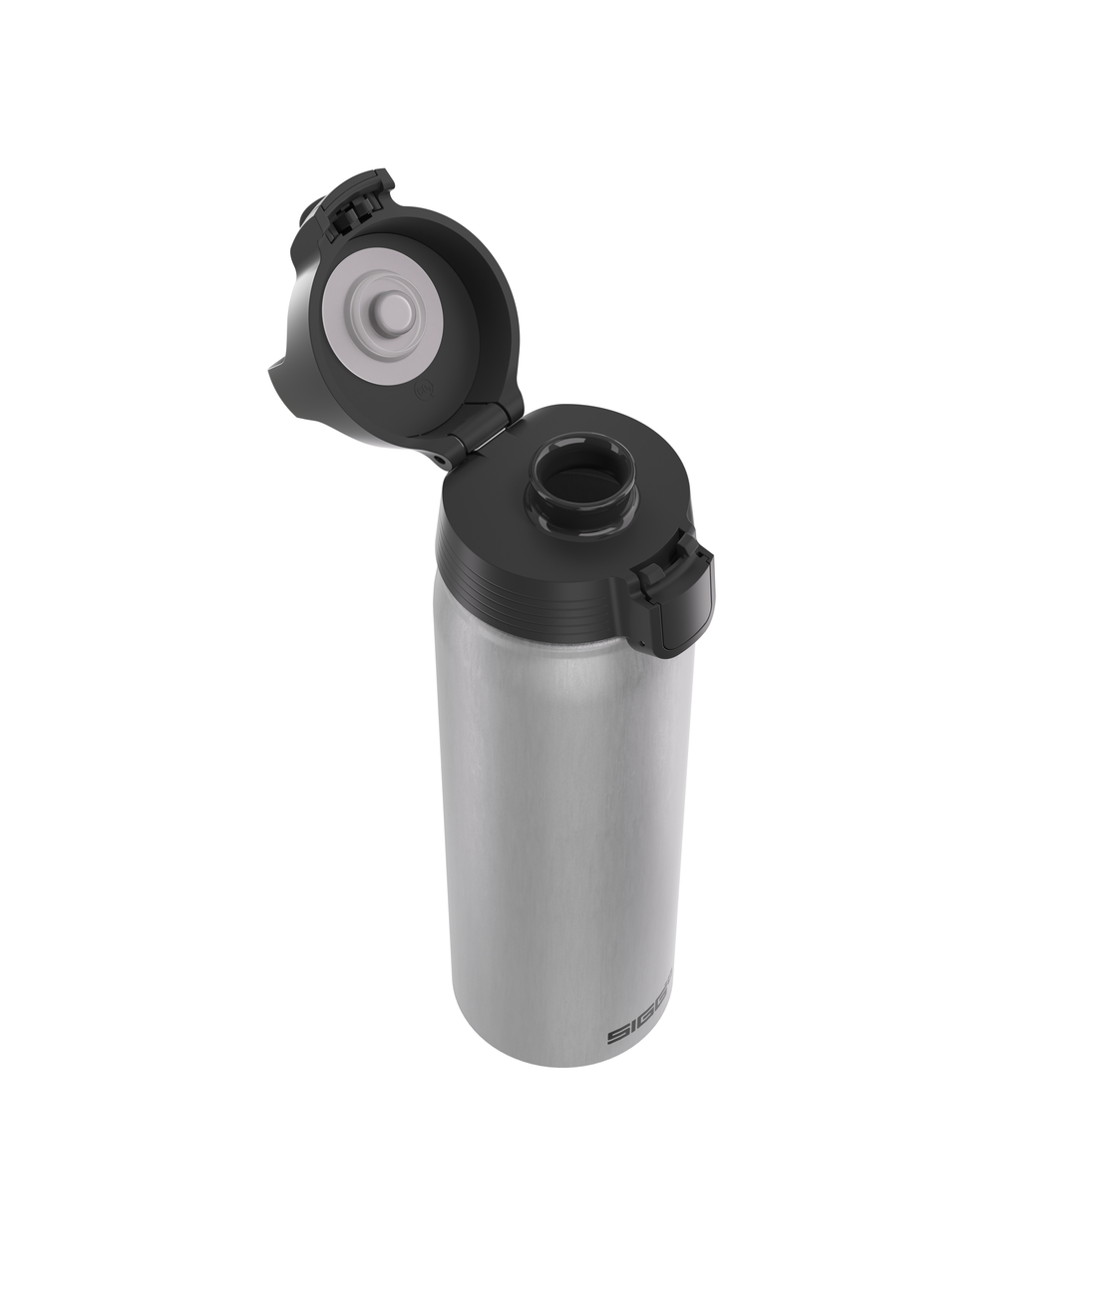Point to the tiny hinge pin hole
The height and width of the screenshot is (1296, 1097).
coord(442,458)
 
